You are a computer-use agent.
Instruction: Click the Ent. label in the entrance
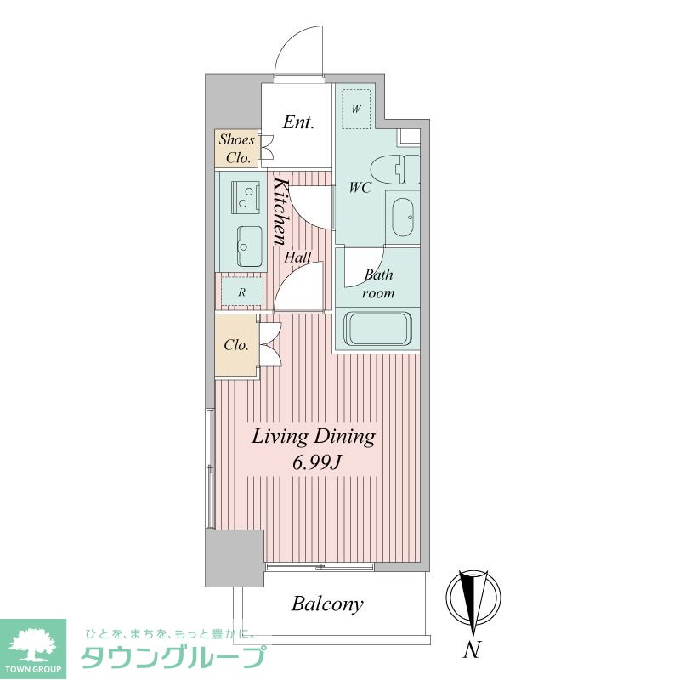pyautogui.click(x=298, y=122)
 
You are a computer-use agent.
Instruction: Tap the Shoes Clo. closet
pyautogui.click(x=237, y=148)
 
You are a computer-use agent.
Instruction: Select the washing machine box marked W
pyautogui.click(x=356, y=109)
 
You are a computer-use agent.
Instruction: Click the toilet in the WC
pyautogui.click(x=395, y=169)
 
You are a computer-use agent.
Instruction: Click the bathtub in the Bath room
pyautogui.click(x=377, y=329)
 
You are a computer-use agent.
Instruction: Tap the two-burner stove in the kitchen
pyautogui.click(x=246, y=197)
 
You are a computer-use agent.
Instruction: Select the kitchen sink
pyautogui.click(x=249, y=246)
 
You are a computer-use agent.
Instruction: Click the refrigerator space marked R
pyautogui.click(x=242, y=292)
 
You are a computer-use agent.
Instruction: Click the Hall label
pyautogui.click(x=297, y=258)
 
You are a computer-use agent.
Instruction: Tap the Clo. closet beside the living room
pyautogui.click(x=236, y=346)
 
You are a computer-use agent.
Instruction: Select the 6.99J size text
pyautogui.click(x=315, y=463)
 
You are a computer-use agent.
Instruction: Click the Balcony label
pyautogui.click(x=327, y=604)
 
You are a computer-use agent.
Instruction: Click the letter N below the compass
pyautogui.click(x=473, y=649)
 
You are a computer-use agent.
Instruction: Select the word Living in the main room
pyautogui.click(x=280, y=437)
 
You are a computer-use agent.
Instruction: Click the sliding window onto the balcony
pyautogui.click(x=320, y=567)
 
